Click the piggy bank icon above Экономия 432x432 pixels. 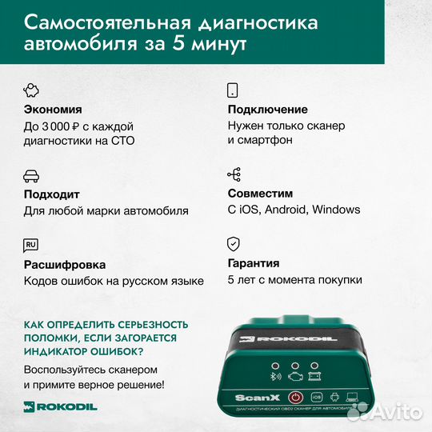click(x=32, y=89)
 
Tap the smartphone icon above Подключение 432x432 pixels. click(x=234, y=89)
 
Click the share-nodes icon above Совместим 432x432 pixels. click(x=234, y=174)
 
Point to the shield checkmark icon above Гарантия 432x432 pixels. click(x=234, y=244)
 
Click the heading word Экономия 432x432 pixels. click(x=53, y=109)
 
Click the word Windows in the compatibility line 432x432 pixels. click(x=336, y=210)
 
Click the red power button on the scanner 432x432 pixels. click(x=294, y=396)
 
